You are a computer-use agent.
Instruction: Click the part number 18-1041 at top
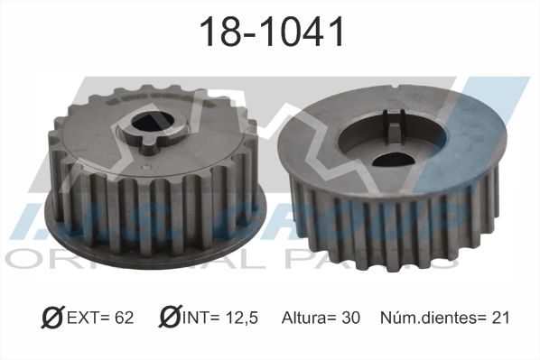(x=272, y=32)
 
